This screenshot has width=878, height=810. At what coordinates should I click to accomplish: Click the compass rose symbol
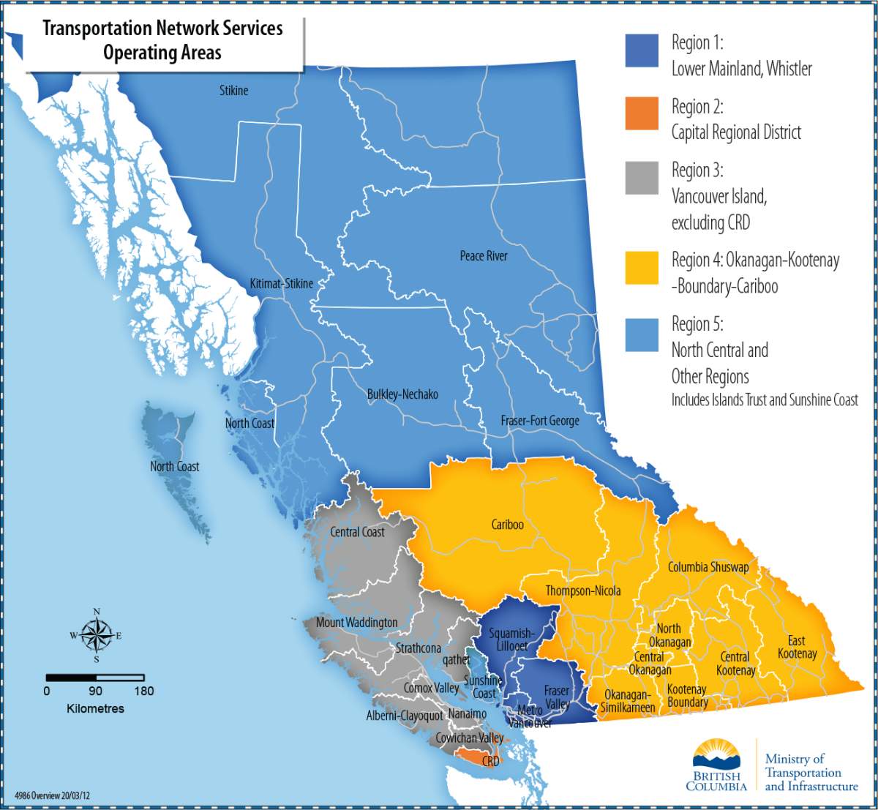[x=96, y=635]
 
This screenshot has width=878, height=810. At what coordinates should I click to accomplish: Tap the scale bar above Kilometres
[x=95, y=678]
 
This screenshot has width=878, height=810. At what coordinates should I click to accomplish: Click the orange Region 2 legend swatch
[x=642, y=114]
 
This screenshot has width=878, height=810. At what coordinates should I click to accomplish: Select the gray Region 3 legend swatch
[x=642, y=178]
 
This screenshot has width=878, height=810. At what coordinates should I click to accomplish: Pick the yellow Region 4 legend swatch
[x=642, y=268]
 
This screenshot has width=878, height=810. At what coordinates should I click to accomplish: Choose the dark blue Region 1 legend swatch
[x=642, y=50]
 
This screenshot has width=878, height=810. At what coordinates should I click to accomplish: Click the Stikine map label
[x=234, y=91]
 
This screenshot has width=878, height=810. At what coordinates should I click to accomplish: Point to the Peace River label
[x=484, y=256]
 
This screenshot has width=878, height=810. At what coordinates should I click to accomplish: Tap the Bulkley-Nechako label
[x=402, y=394]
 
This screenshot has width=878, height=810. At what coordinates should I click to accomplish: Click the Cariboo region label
[x=507, y=525]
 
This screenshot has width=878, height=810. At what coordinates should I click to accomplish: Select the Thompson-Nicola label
[x=583, y=591]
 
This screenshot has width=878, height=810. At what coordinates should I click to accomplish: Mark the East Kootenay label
[x=797, y=647]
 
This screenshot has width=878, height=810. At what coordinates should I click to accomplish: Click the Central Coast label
[x=357, y=532]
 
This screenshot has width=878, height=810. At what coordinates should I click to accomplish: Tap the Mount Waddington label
[x=357, y=623]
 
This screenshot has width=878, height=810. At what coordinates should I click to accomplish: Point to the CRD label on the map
[x=490, y=762]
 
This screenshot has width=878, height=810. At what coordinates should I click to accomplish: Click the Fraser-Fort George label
[x=540, y=421]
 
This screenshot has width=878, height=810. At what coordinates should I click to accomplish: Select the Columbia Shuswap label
[x=708, y=567]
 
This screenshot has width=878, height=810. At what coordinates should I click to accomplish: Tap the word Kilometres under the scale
[x=95, y=708]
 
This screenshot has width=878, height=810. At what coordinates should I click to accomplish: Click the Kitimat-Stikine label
[x=282, y=283]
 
